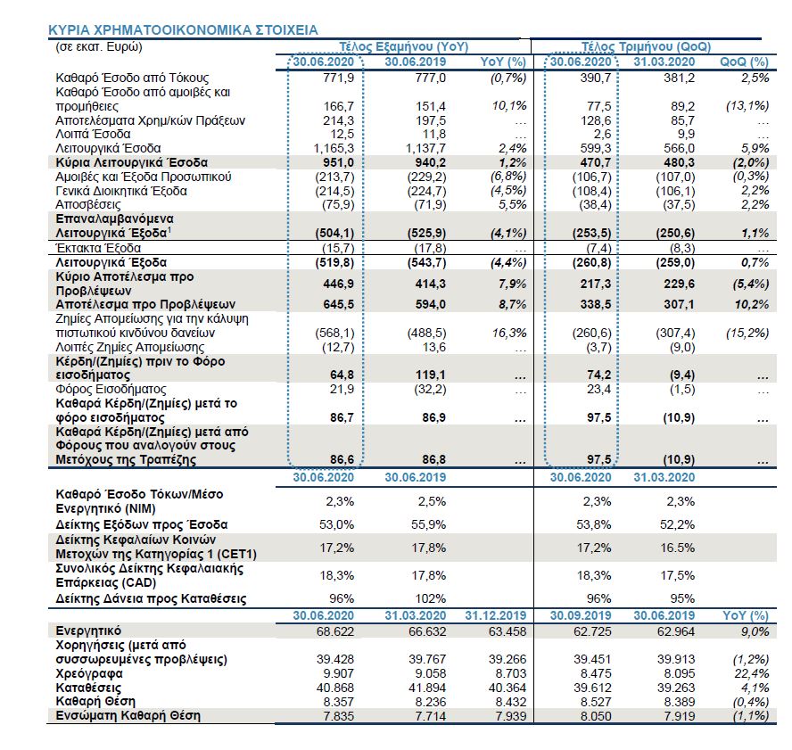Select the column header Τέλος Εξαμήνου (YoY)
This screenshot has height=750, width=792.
[404, 46]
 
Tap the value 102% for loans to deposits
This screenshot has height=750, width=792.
[418, 598]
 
